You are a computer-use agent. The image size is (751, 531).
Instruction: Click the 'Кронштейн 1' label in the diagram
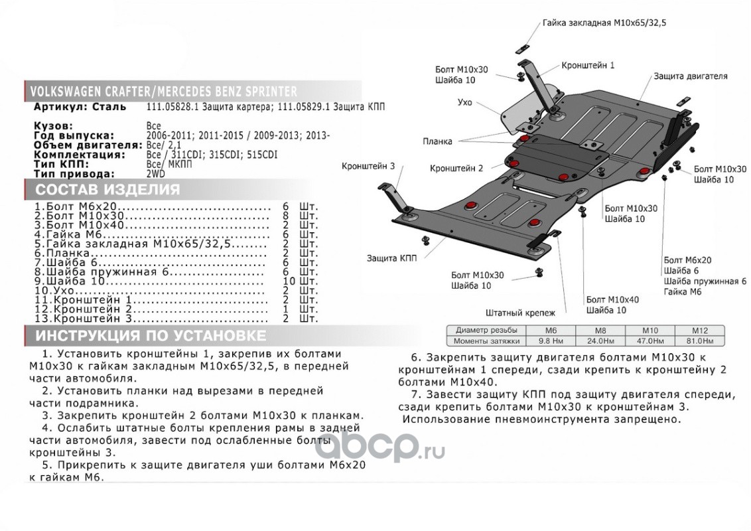coord(588,66)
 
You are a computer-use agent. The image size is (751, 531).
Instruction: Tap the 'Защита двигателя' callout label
coord(690,76)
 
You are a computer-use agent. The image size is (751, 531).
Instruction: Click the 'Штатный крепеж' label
coord(521,311)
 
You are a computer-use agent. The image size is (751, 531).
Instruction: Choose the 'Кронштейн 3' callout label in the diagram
coord(368,165)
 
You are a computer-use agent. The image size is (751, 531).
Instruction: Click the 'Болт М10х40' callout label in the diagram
coord(612,300)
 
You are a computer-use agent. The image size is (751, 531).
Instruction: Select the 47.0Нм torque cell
coord(650,341)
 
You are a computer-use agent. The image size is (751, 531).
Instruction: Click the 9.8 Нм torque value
coord(551,341)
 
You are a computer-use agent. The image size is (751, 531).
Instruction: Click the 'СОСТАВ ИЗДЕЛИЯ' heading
coord(107,190)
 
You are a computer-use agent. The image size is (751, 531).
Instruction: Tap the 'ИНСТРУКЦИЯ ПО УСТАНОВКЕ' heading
coord(151,335)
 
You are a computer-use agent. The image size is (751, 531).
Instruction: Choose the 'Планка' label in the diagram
coord(436,141)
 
